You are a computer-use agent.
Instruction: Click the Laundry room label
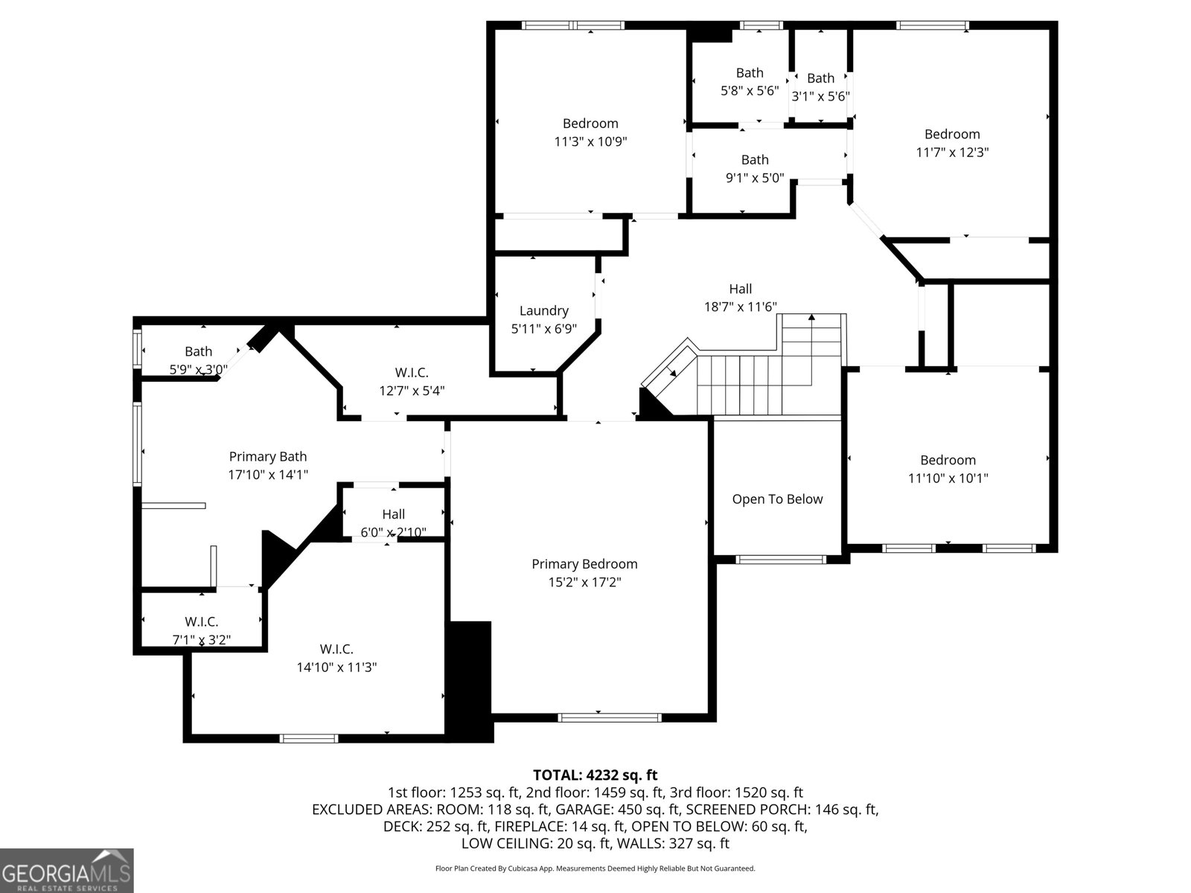(x=543, y=310)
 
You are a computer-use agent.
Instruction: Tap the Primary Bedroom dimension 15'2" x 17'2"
(x=584, y=582)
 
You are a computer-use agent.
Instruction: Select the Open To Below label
(x=777, y=499)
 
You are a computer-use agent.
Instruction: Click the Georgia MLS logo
(x=66, y=870)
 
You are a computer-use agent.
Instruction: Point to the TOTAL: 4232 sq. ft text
(x=595, y=775)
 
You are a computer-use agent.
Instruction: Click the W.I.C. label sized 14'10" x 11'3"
(x=336, y=649)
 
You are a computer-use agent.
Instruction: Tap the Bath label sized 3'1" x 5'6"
(x=820, y=78)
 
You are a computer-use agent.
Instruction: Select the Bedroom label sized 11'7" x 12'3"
(x=951, y=134)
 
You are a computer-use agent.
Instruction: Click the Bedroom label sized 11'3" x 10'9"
(x=590, y=124)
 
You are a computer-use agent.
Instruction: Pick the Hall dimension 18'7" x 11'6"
(x=740, y=307)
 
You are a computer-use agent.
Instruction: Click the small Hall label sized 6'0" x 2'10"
(x=393, y=514)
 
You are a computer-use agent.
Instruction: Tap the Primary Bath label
(x=267, y=457)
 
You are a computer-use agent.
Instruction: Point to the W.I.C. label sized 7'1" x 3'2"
(x=201, y=621)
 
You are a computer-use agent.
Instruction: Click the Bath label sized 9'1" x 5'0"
(x=754, y=159)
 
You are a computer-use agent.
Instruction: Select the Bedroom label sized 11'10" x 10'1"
(x=947, y=460)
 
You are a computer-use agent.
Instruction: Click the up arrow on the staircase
(x=811, y=319)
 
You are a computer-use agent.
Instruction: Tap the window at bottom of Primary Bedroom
(x=610, y=717)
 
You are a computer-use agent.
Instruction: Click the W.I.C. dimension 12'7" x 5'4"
(x=412, y=391)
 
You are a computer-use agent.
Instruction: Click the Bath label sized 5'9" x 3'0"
(x=198, y=351)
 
